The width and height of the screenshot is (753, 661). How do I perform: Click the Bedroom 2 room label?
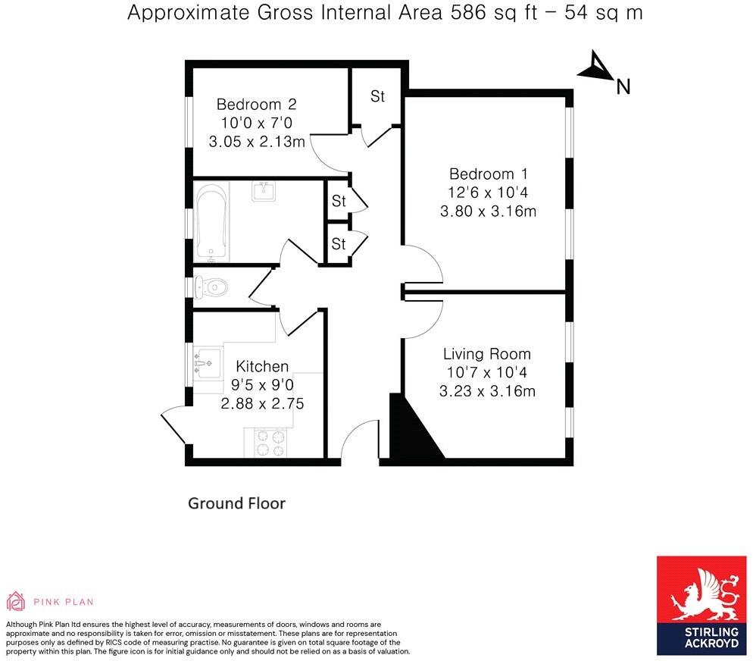pyautogui.click(x=256, y=105)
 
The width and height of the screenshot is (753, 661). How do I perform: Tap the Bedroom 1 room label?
pyautogui.click(x=488, y=174)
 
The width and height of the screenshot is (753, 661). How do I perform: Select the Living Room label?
pyautogui.click(x=487, y=354)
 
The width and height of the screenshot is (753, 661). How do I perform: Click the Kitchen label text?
pyautogui.click(x=262, y=367)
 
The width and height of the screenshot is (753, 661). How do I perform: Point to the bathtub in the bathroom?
pyautogui.click(x=211, y=224)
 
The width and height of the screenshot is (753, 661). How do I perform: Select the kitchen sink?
pyautogui.click(x=205, y=362)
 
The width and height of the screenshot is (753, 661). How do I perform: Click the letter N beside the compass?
pyautogui.click(x=623, y=87)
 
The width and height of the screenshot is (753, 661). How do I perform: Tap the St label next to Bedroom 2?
pyautogui.click(x=377, y=96)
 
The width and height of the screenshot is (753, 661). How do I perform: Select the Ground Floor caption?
pyautogui.click(x=236, y=503)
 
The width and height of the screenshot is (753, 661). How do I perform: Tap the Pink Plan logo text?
pyautogui.click(x=64, y=603)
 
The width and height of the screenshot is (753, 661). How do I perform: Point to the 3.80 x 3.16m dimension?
pyautogui.click(x=488, y=211)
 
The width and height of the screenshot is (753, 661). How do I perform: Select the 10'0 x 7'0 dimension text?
pyautogui.click(x=256, y=123)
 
